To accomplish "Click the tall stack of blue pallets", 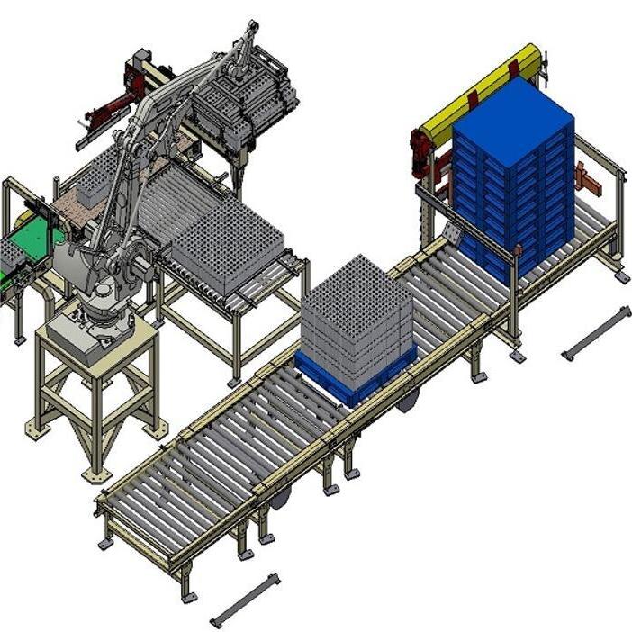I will click(513, 171).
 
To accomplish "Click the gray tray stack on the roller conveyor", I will click(356, 315).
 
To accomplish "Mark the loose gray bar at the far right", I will click(595, 332).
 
